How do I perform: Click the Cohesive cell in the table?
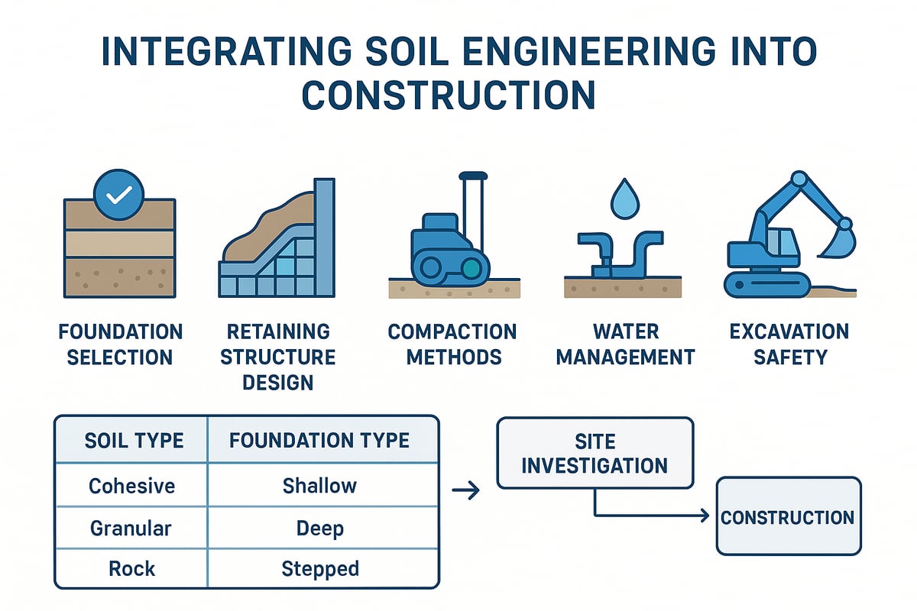[131, 486]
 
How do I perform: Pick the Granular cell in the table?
[131, 528]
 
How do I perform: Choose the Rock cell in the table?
[131, 569]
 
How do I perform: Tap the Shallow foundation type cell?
[320, 486]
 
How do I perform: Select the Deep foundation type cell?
[320, 528]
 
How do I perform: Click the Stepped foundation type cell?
[320, 569]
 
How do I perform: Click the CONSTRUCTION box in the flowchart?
[788, 517]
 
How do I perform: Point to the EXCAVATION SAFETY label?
[789, 344]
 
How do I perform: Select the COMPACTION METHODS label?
[452, 344]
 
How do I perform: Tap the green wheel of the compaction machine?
[472, 267]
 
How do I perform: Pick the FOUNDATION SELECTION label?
[120, 344]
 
